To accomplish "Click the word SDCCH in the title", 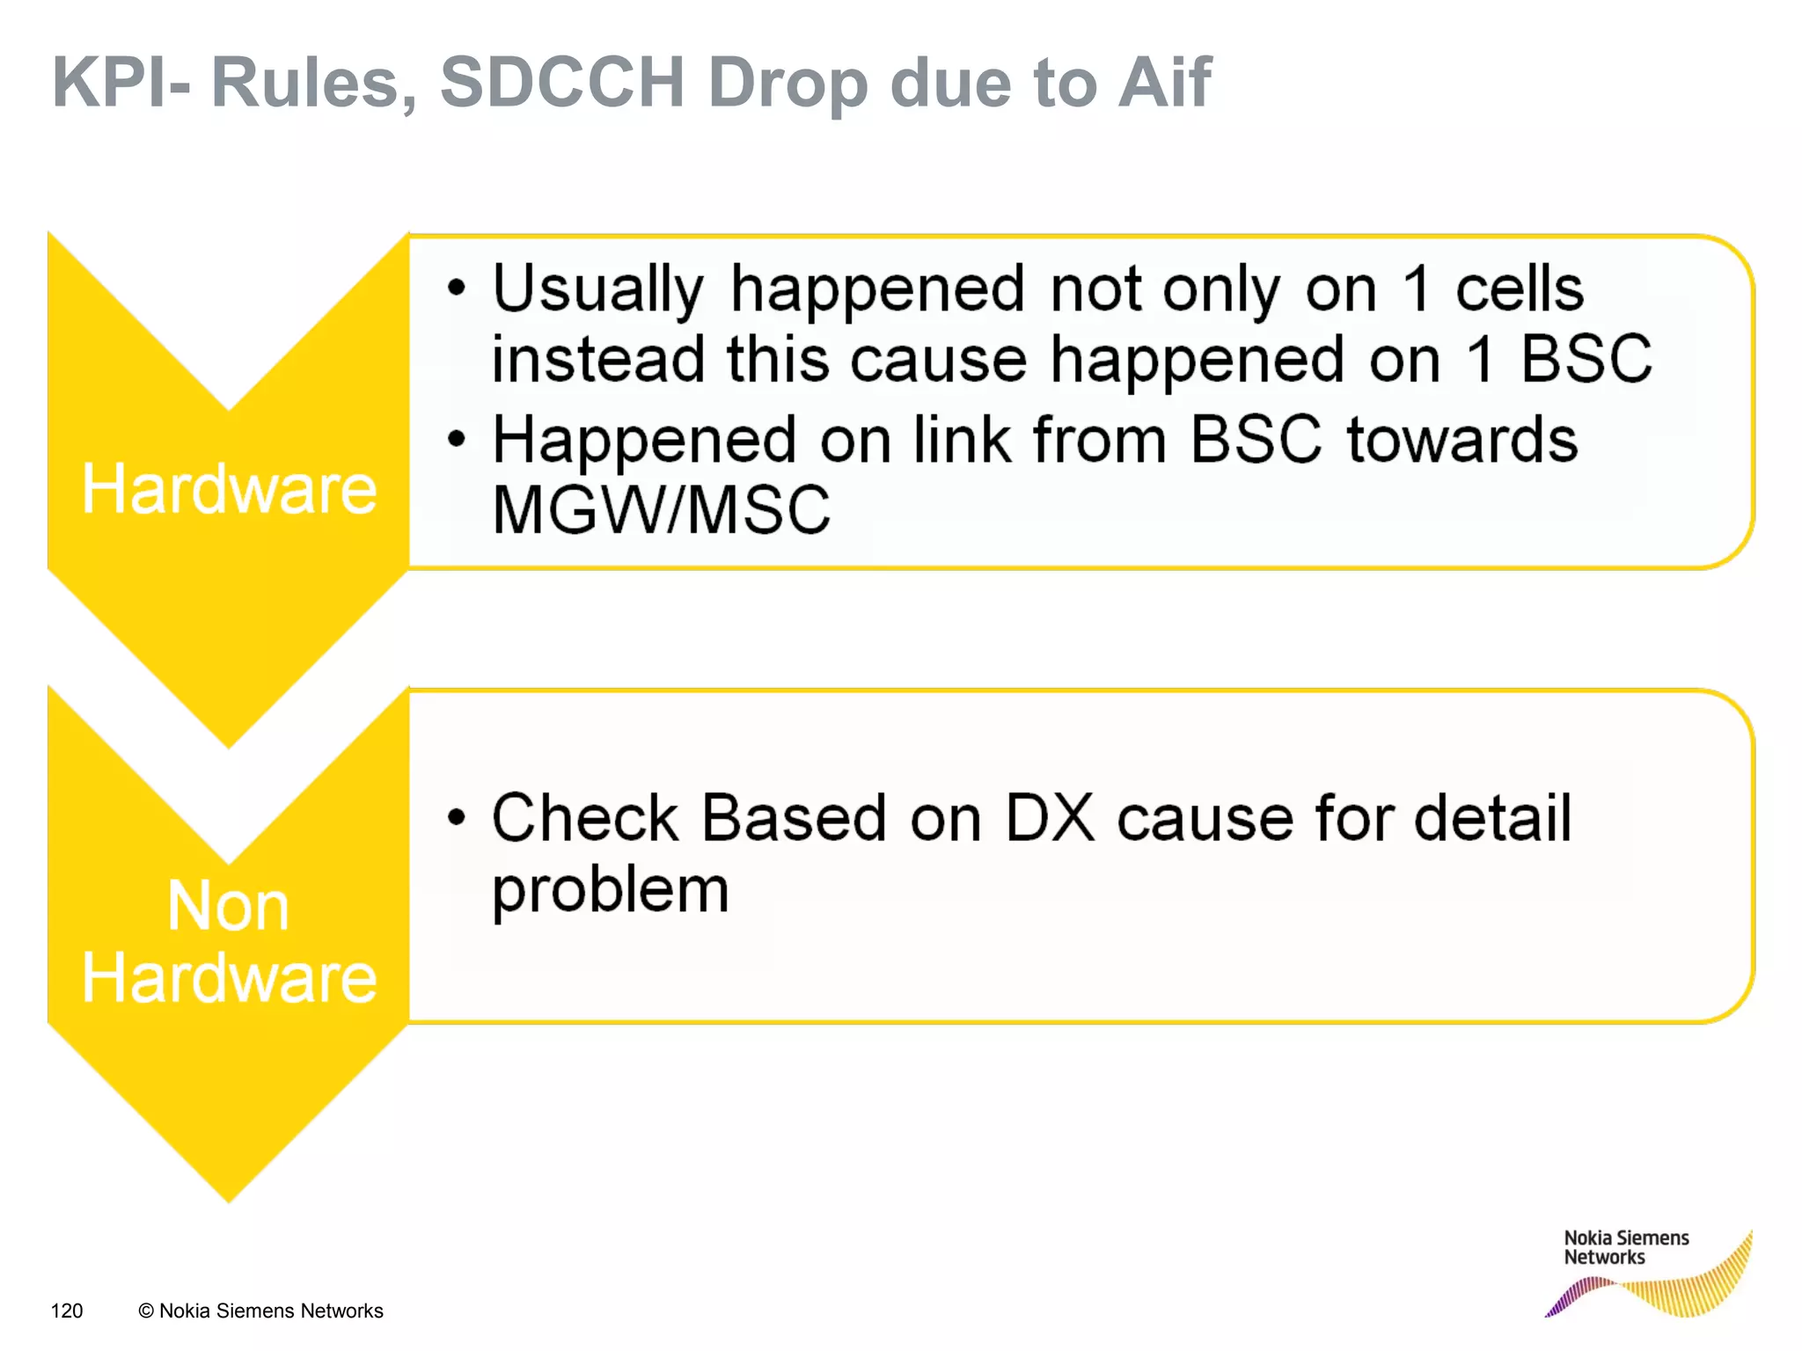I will click(x=561, y=83).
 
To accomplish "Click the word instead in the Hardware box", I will click(x=597, y=360).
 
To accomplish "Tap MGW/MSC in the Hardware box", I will click(x=661, y=510).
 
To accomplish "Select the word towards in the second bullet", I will click(x=1461, y=440).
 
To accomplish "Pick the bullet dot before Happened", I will click(x=456, y=438).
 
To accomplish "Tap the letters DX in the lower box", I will click(x=1049, y=819).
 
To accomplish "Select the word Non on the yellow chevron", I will click(x=228, y=907).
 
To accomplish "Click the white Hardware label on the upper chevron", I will click(x=229, y=489).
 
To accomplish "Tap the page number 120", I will click(x=67, y=1311).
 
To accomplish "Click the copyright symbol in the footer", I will click(x=146, y=1311).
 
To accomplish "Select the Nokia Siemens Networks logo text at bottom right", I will click(x=1625, y=1247).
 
